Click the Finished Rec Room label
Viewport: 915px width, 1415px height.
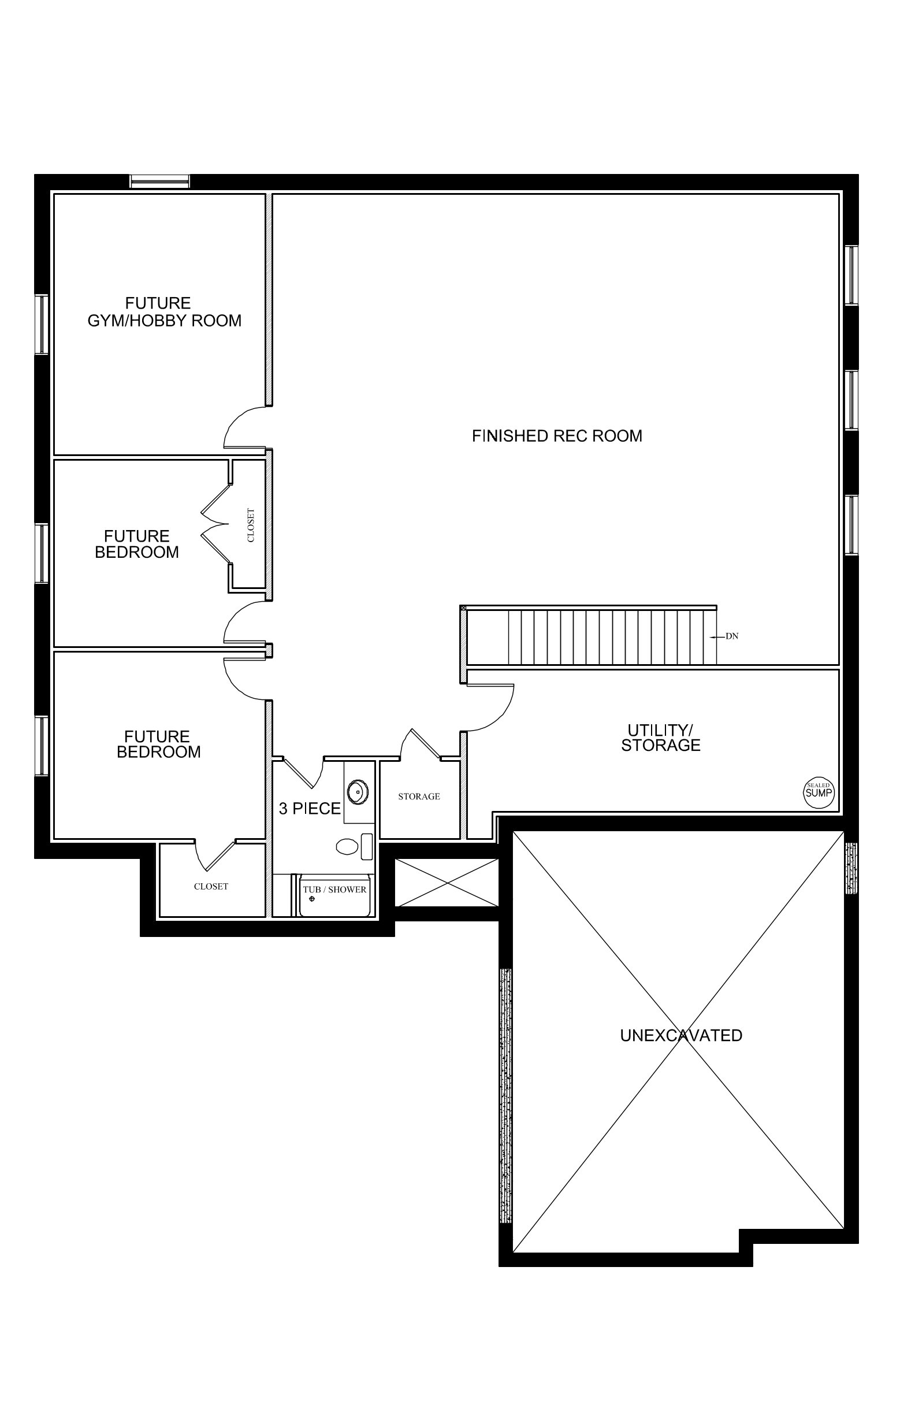click(x=557, y=436)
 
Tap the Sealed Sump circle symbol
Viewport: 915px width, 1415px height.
click(x=818, y=793)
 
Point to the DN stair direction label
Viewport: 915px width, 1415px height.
click(x=732, y=636)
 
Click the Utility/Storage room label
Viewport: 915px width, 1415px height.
click(x=661, y=738)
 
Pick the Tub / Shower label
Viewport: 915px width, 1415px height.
click(x=334, y=890)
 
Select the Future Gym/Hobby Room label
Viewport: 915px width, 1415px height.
click(x=165, y=312)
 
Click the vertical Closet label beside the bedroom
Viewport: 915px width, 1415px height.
click(x=251, y=525)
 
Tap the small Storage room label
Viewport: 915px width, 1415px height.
click(x=419, y=797)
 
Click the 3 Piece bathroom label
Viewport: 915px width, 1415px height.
click(x=310, y=809)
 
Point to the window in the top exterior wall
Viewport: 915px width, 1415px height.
click(x=160, y=181)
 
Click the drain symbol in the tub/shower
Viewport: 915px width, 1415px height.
click(x=312, y=899)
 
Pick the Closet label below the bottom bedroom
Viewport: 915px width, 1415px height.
click(x=211, y=887)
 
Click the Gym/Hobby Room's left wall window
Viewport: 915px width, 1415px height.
click(x=42, y=325)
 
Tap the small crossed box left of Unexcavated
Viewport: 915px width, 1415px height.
click(x=446, y=883)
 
